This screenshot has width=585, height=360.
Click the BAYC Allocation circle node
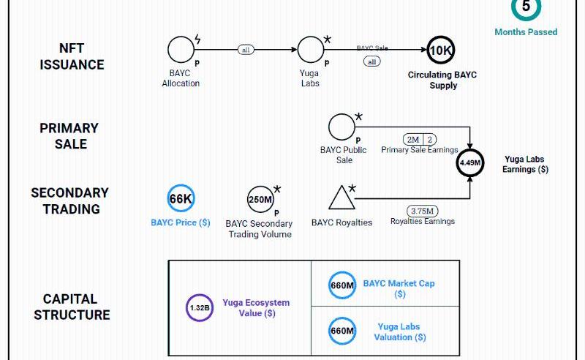coord(181,50)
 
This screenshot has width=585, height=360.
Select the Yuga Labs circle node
coord(310,50)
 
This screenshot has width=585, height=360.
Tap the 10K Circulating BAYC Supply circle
coord(441,50)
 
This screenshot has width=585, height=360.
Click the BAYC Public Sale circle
coord(341,127)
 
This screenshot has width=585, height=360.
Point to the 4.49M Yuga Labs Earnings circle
coord(470,162)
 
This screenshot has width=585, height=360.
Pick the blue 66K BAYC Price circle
coord(181,199)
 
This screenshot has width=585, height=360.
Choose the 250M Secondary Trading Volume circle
coord(260,199)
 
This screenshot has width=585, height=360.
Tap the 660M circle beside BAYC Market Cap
coord(341,285)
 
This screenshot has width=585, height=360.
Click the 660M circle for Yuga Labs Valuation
coord(341,331)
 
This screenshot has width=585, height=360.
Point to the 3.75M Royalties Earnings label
coord(423,210)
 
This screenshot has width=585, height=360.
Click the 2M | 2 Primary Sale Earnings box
coord(420,139)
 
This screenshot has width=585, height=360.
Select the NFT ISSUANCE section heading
coord(72,56)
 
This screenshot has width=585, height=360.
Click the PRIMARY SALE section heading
coord(69,136)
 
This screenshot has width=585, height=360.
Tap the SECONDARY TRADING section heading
coord(69,201)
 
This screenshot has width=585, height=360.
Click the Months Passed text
coord(526,32)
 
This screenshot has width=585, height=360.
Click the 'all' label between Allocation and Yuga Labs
coord(246,50)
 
